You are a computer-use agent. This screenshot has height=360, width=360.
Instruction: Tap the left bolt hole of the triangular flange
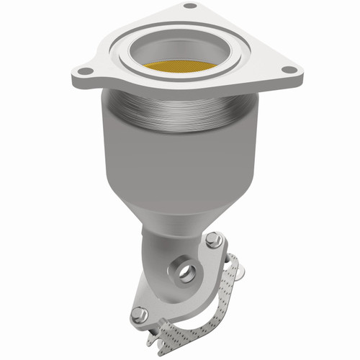tap(85, 71)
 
